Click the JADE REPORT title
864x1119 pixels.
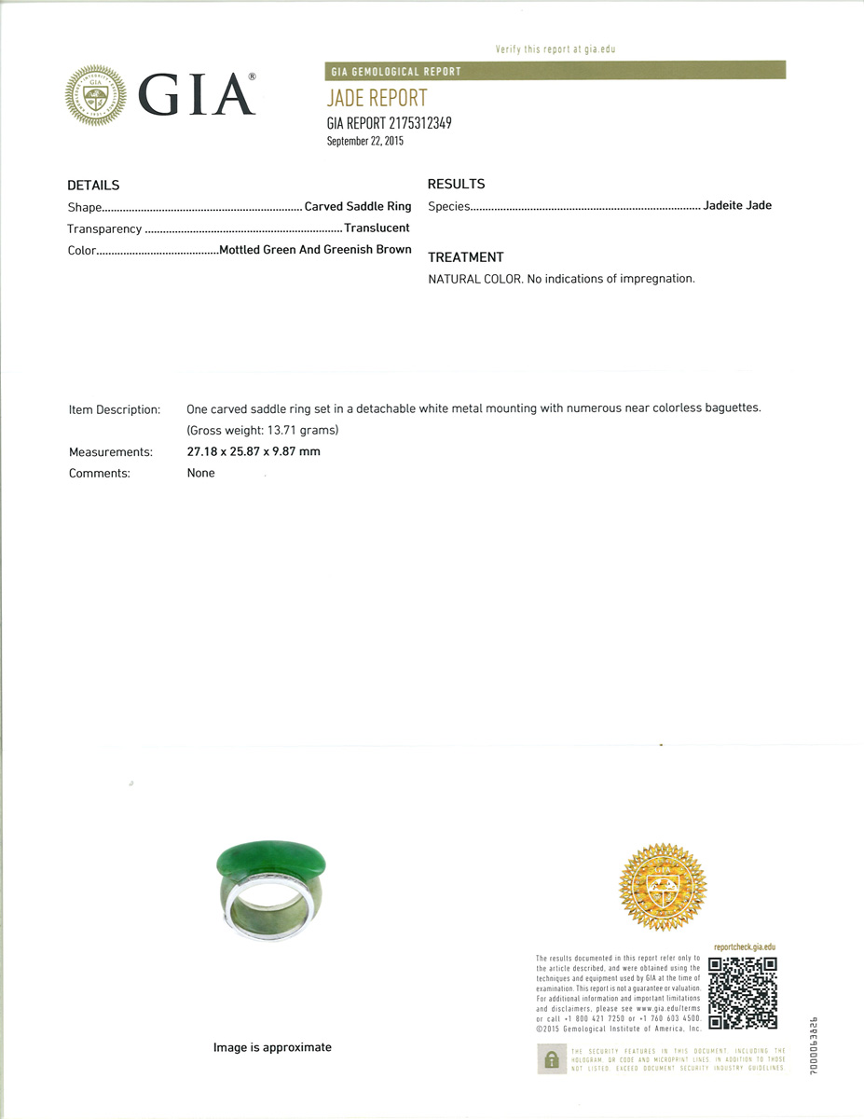[377, 98]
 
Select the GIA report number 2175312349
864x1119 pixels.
[389, 123]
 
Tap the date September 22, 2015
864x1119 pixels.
[365, 141]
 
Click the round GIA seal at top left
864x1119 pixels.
[95, 96]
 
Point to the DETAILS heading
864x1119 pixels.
[93, 186]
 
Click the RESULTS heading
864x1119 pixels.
[456, 184]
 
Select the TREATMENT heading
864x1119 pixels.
[465, 257]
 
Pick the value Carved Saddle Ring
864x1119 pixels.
[358, 206]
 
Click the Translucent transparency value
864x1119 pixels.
[377, 228]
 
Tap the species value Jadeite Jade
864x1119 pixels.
[737, 205]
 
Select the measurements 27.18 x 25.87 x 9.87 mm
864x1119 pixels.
[254, 451]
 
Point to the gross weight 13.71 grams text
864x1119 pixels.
[263, 430]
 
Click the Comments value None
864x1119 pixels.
[200, 473]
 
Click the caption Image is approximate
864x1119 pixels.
[272, 1047]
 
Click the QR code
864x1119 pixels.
[743, 992]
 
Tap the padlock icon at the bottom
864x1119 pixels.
[551, 1058]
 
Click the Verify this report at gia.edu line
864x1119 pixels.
[555, 48]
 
